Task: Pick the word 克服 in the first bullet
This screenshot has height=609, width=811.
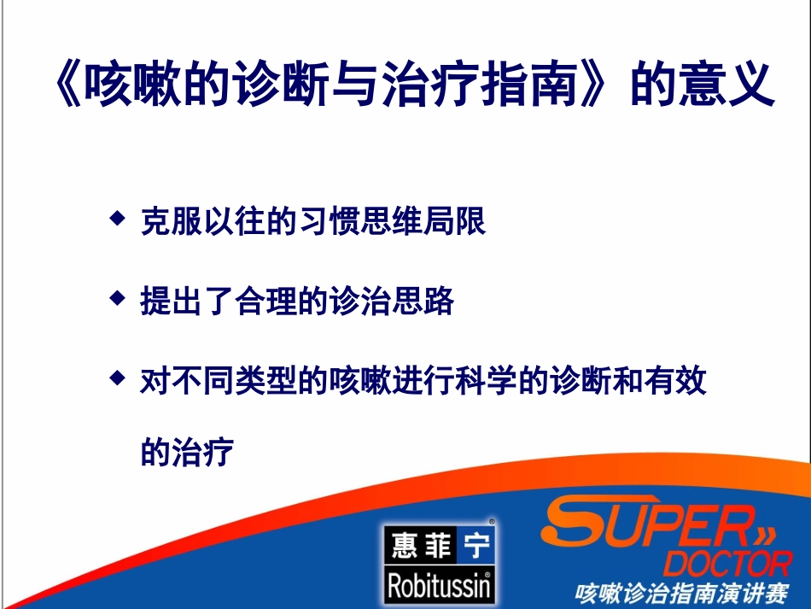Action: pyautogui.click(x=171, y=222)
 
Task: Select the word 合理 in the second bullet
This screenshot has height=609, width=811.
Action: pyautogui.click(x=262, y=302)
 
